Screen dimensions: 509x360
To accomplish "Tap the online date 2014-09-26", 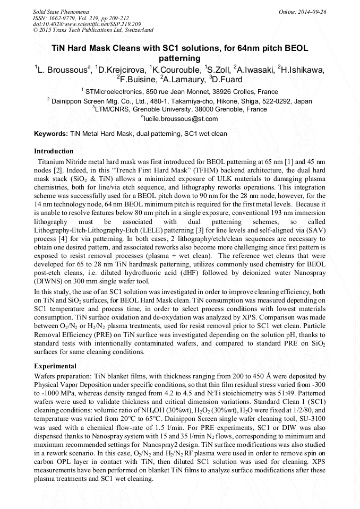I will [312, 11].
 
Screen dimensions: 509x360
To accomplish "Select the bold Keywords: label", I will [51, 134].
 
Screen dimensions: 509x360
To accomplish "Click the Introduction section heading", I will [54, 151].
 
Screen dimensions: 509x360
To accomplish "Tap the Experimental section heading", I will [55, 366].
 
